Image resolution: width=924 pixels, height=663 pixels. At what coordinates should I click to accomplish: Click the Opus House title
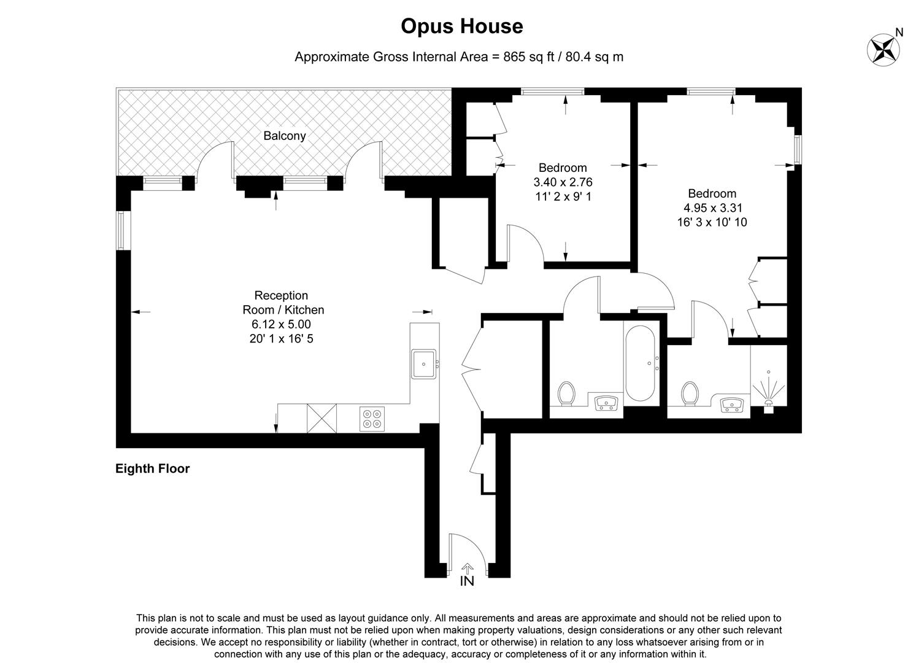coord(461,26)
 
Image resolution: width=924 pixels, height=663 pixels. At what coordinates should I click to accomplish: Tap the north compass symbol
coord(883,48)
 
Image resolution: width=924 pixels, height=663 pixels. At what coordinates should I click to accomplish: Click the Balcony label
coord(284,136)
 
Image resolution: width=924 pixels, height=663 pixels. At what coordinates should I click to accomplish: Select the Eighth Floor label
coord(153,469)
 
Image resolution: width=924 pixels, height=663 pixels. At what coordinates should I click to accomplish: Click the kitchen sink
coord(423,363)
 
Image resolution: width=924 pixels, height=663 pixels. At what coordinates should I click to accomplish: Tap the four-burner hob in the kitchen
coord(372,418)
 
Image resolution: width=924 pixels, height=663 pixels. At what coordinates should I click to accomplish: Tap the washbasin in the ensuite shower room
coord(732,405)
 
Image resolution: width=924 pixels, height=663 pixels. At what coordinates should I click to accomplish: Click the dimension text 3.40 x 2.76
coord(563,182)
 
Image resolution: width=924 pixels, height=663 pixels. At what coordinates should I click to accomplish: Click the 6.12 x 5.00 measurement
coord(281,324)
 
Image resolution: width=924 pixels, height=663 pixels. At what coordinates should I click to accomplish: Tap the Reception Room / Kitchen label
coord(283,303)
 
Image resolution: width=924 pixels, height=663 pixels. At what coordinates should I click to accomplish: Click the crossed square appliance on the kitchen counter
coord(322,418)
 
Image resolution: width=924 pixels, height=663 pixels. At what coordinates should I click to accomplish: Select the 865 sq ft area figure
coord(528,57)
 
